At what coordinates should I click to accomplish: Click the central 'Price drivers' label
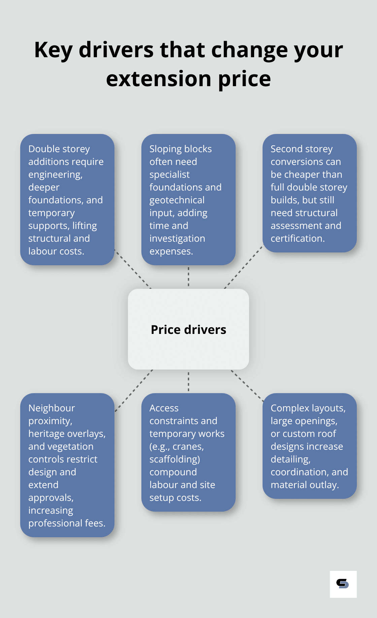pyautogui.click(x=188, y=330)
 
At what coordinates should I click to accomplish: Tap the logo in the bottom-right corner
pyautogui.click(x=343, y=584)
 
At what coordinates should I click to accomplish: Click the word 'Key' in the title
pyautogui.click(x=54, y=50)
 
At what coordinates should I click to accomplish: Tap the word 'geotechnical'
pyautogui.click(x=177, y=200)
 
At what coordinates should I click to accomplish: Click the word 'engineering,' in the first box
pyautogui.click(x=55, y=175)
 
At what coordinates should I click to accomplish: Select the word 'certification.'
pyautogui.click(x=298, y=239)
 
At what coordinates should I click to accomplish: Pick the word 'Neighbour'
pyautogui.click(x=52, y=408)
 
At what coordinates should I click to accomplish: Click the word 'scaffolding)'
pyautogui.click(x=174, y=459)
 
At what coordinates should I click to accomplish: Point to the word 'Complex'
pyautogui.click(x=290, y=408)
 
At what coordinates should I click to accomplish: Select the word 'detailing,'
pyautogui.click(x=290, y=459)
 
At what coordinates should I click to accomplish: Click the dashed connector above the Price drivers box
pyautogui.click(x=188, y=277)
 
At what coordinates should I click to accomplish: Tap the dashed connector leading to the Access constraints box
pyautogui.click(x=188, y=381)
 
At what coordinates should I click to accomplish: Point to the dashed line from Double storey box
pyautogui.click(x=133, y=269)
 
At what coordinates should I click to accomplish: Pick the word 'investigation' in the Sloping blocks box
pyautogui.click(x=177, y=239)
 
